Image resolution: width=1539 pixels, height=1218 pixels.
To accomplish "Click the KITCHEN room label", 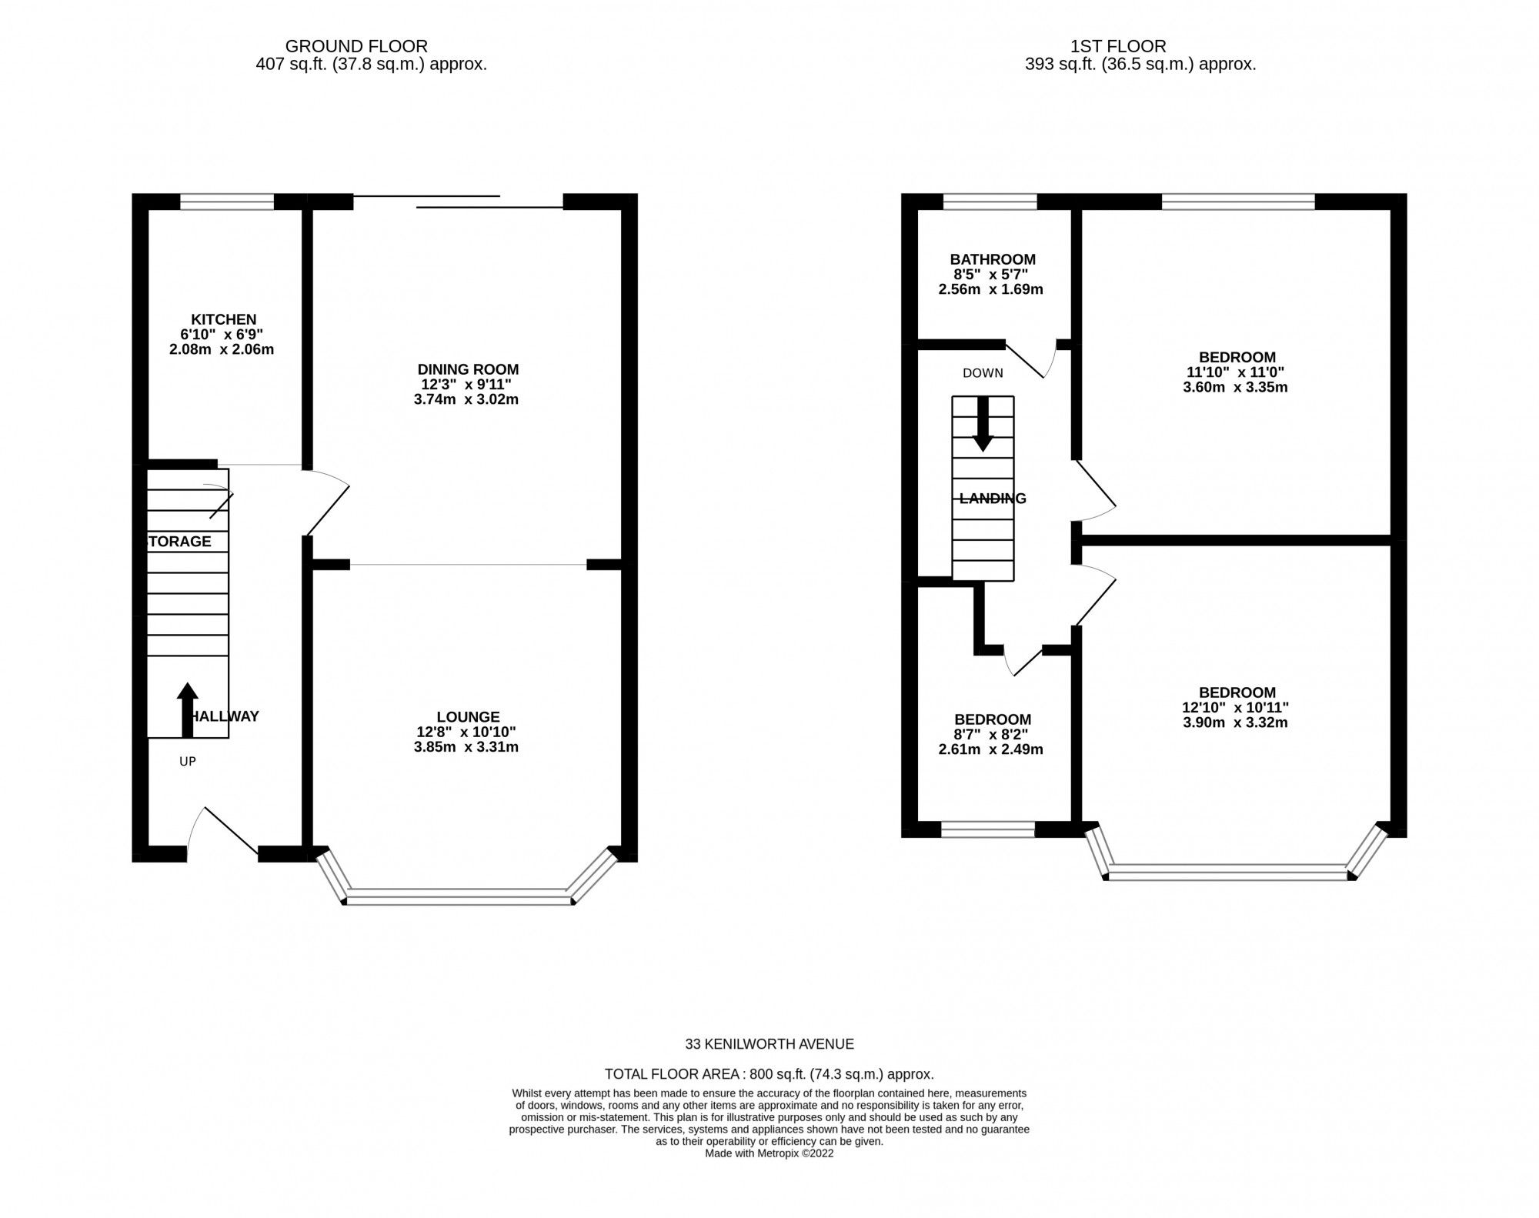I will coord(223,319).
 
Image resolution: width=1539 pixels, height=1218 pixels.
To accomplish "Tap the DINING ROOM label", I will coord(468,369).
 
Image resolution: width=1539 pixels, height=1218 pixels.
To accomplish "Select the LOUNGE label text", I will coord(468,717).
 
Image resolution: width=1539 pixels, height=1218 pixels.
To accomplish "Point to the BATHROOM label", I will coord(992,259).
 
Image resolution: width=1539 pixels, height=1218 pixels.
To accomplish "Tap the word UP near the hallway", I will coord(187,762).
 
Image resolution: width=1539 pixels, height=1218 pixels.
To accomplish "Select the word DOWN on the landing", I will coord(983,373).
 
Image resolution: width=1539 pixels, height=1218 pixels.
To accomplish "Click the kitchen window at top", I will coord(227,202).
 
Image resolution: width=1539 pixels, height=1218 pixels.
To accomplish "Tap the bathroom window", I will coord(990,202).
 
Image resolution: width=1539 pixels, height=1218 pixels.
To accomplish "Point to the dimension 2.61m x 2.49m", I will coord(990,749).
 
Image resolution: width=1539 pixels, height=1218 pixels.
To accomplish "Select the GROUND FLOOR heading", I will coord(356,46).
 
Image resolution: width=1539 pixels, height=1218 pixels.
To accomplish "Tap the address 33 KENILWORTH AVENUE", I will coord(769,1044).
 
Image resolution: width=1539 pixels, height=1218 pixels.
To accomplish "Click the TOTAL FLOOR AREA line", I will coord(769,1074).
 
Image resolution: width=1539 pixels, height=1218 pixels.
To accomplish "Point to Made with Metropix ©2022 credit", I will coord(769,1153).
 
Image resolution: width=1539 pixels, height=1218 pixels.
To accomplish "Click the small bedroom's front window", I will coord(987,829).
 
